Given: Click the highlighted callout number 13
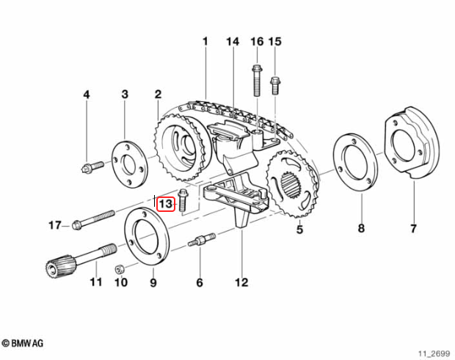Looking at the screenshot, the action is point(166,204).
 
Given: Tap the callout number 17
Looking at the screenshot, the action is point(55,225).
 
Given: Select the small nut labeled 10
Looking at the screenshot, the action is point(120,269).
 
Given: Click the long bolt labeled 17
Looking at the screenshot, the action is point(93,220).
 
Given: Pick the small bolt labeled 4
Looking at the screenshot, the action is point(92,167).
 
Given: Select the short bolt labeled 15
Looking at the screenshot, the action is point(275,85).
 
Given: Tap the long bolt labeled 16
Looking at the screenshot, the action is point(257,81).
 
